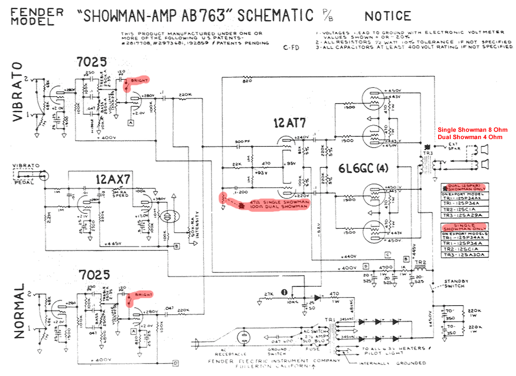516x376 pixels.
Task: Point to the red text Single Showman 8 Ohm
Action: tap(473, 130)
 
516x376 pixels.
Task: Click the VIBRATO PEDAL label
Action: tap(26, 170)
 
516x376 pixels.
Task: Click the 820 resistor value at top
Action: tap(247, 81)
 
